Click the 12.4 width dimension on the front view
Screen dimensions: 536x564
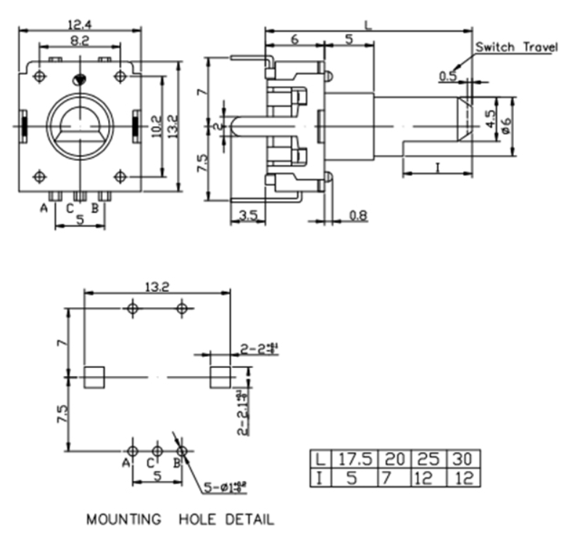point(80,23)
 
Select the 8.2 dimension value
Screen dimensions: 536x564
point(80,43)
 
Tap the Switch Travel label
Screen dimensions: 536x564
point(516,47)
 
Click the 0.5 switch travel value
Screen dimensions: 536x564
point(448,75)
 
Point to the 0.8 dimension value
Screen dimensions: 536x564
point(358,215)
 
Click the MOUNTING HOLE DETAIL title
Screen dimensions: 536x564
point(181,519)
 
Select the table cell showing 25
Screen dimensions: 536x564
point(428,459)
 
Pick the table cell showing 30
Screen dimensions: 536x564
point(463,459)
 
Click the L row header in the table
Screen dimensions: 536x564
point(318,459)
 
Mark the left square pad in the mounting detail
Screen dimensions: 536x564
point(94,377)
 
